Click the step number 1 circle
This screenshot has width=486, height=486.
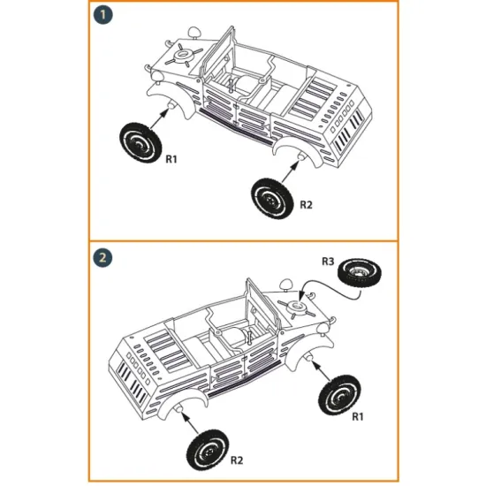point(103,16)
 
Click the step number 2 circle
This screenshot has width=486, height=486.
point(103,258)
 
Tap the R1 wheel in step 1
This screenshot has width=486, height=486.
point(140,138)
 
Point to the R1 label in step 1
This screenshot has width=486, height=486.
point(172,160)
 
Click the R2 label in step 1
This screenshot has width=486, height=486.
point(306,205)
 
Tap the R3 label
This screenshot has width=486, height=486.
point(328,262)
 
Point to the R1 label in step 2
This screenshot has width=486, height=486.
point(359,416)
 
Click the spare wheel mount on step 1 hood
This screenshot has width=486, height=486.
point(185,57)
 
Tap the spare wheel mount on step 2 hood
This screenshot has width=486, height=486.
point(296,307)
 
